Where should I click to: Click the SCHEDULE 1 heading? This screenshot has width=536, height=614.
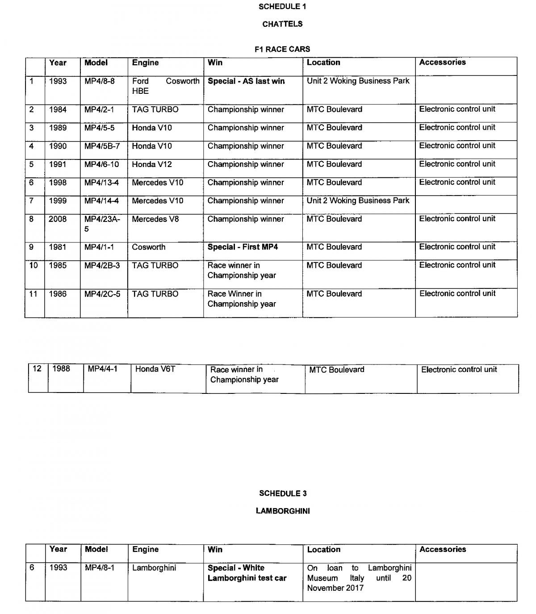(x=282, y=7)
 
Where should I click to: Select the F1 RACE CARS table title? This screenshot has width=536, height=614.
(x=282, y=49)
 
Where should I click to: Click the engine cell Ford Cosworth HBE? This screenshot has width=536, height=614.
(x=165, y=86)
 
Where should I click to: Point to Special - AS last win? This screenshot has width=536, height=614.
(x=246, y=81)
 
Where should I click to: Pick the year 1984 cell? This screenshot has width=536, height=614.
(x=58, y=109)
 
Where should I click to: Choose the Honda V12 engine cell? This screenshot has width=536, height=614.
(x=152, y=164)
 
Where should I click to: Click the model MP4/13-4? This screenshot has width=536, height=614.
(x=102, y=183)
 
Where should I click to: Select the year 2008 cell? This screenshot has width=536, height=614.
(x=58, y=219)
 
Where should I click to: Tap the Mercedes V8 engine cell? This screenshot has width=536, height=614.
(x=155, y=219)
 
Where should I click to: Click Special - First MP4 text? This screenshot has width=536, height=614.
(x=243, y=247)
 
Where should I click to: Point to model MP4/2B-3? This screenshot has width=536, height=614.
(x=102, y=266)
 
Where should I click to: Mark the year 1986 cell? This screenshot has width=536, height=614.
(x=58, y=294)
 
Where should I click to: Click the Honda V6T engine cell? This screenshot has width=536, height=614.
(x=155, y=369)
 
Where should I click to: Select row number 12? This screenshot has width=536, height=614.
(x=37, y=369)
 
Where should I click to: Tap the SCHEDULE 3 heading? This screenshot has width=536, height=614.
(x=283, y=493)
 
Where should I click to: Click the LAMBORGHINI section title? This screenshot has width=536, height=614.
(x=283, y=511)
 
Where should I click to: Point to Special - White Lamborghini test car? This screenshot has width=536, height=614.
(x=247, y=573)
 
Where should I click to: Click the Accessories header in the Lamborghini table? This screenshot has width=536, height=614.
(x=443, y=550)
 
